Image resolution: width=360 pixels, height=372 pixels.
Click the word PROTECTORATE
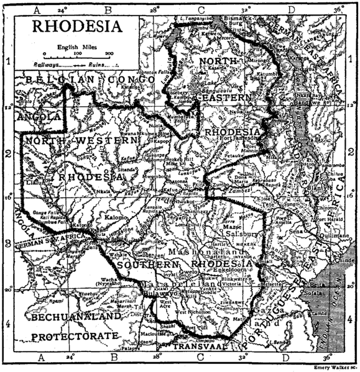75,336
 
